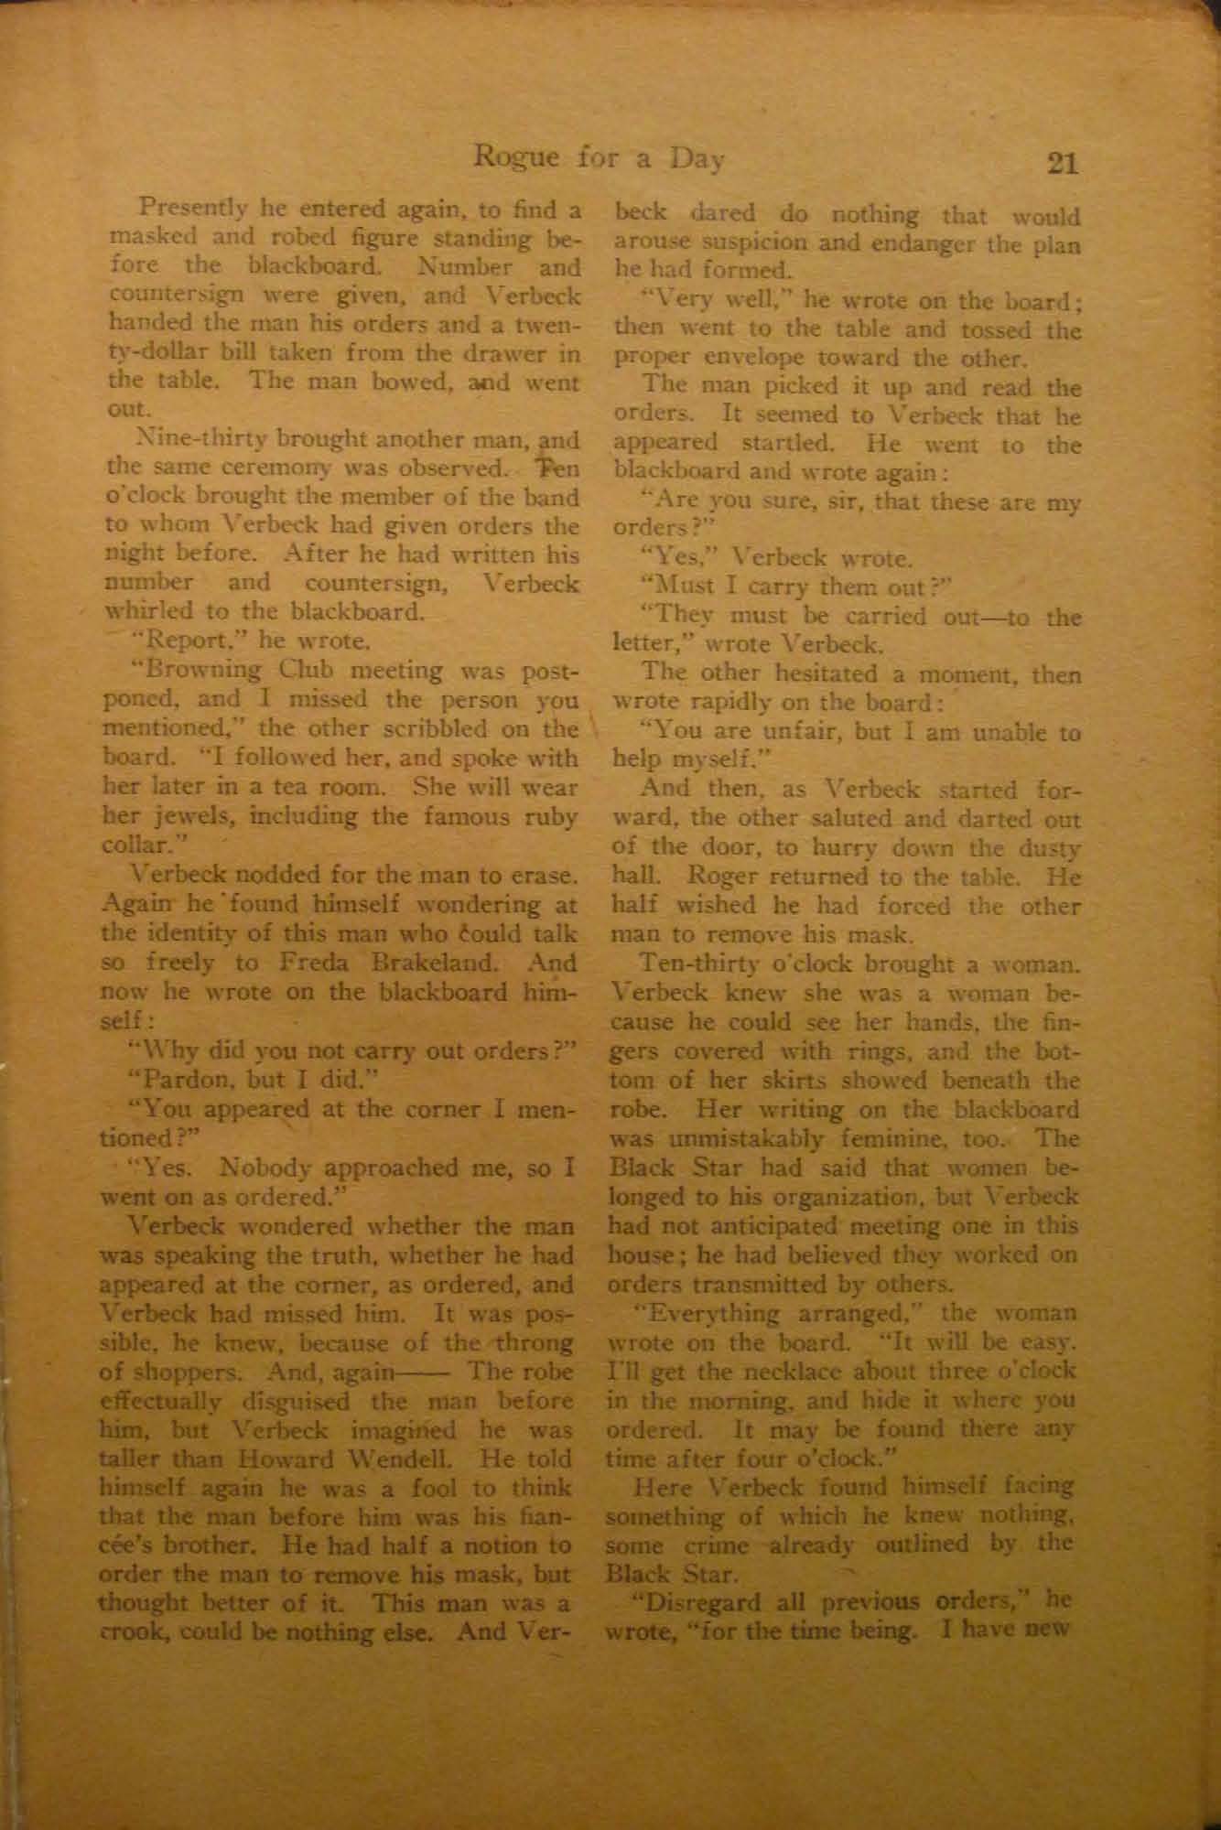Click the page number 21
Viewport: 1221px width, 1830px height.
pos(1062,164)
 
